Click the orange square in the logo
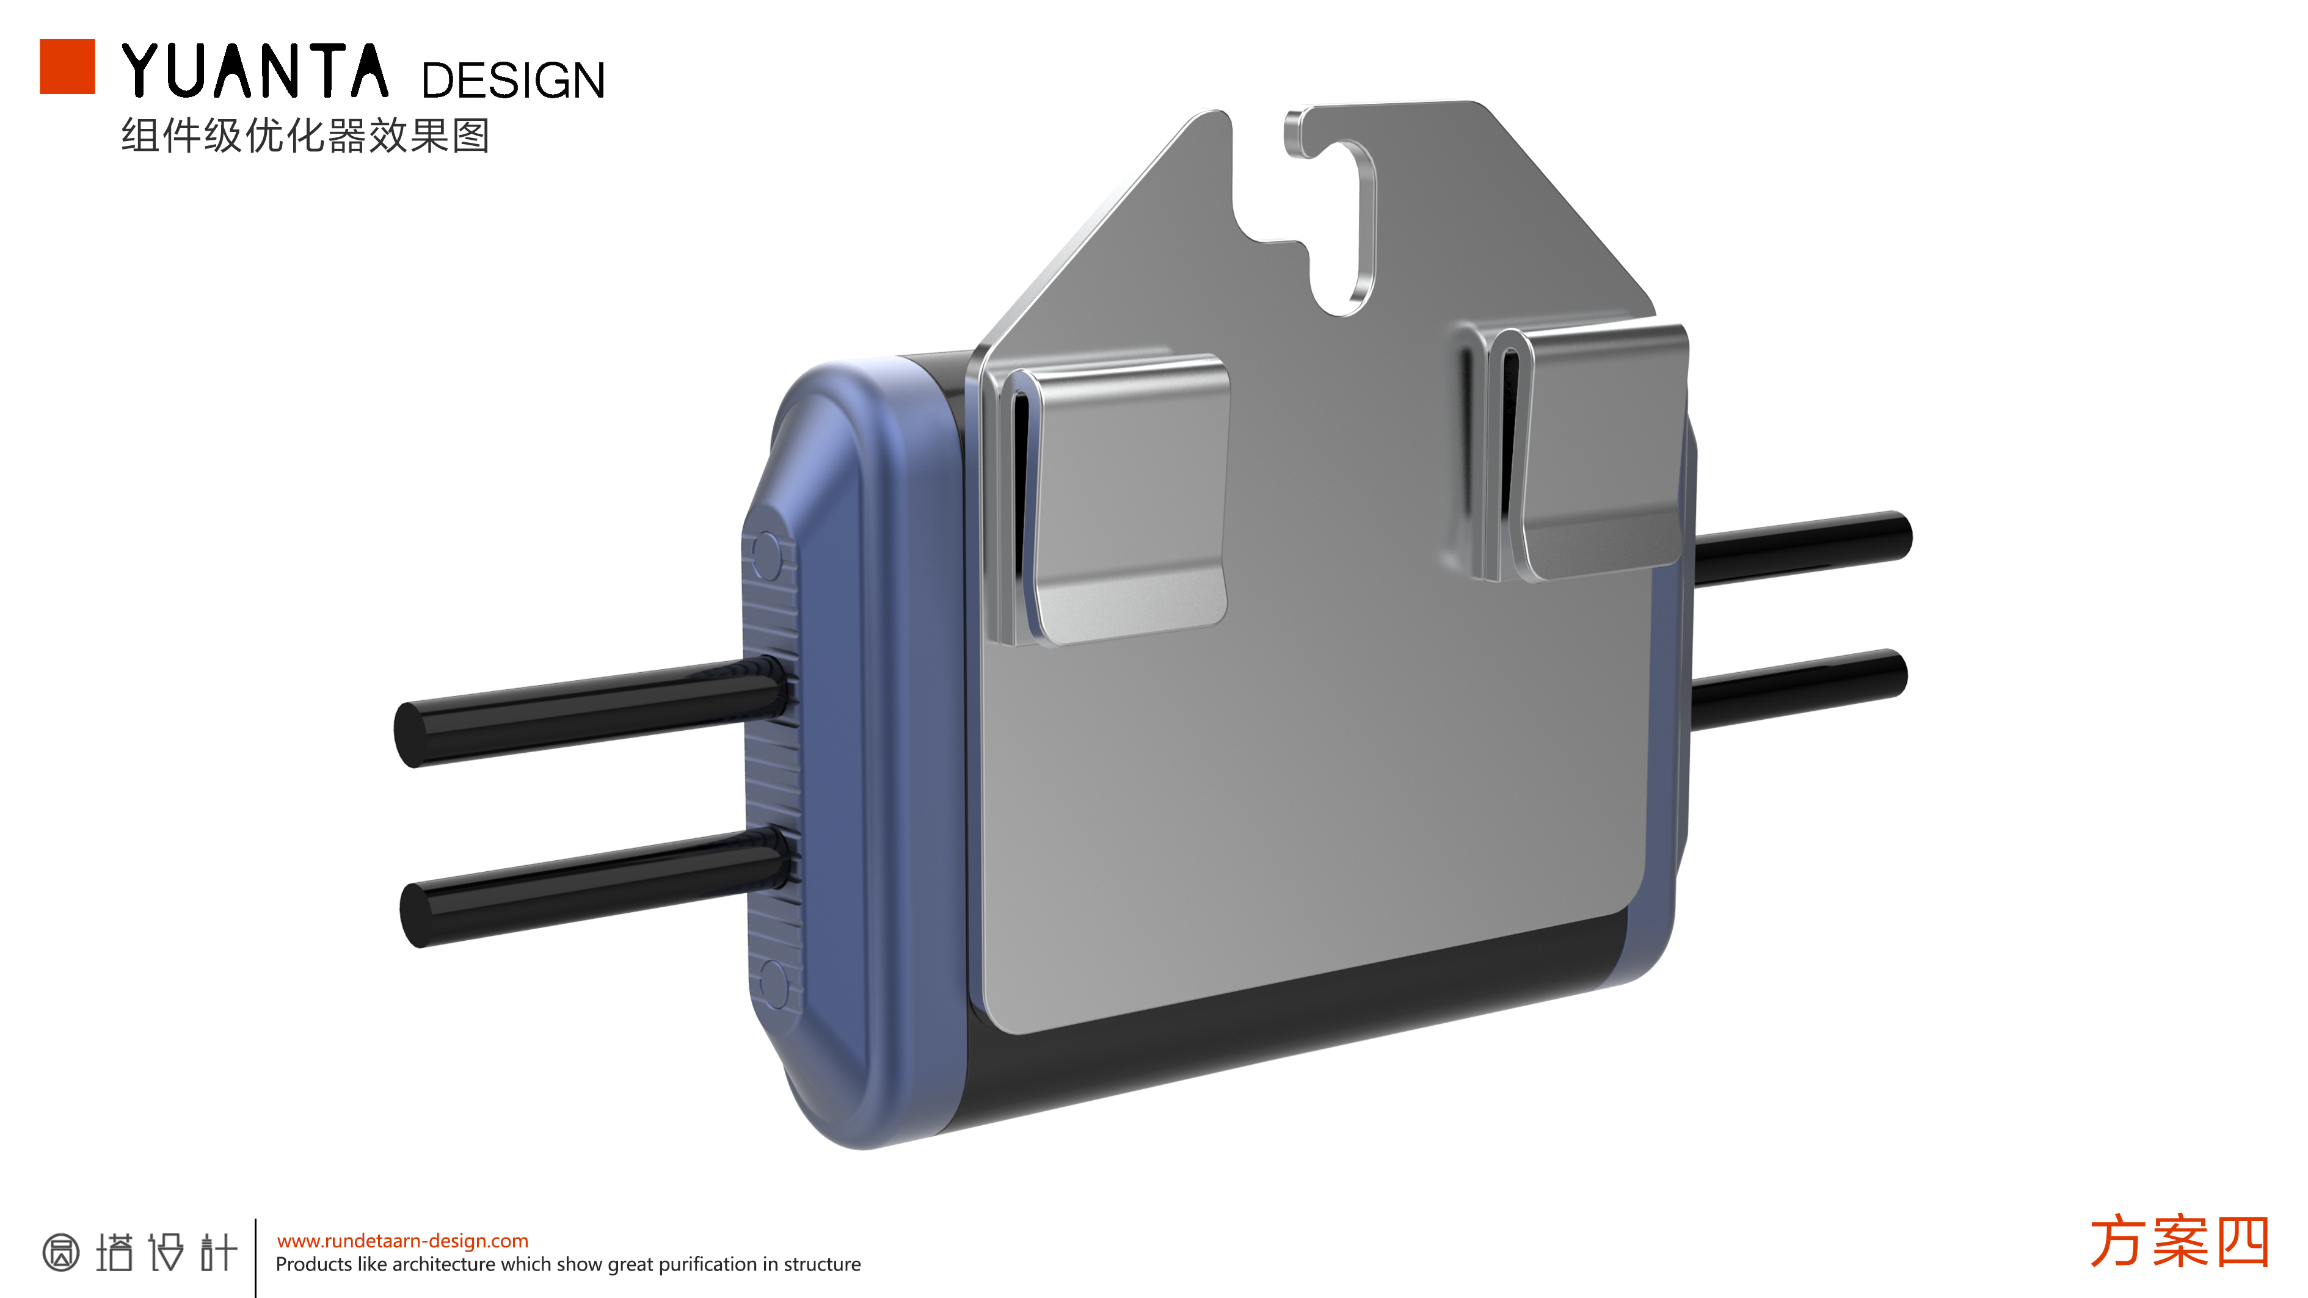pos(67,67)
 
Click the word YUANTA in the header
pos(255,71)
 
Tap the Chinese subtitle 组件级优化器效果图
pos(305,136)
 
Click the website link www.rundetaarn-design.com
pos(402,1241)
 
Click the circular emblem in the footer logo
pos(61,1252)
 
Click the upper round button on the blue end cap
pos(768,556)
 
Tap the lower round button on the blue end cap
pos(773,983)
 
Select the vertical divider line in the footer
pos(255,1257)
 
